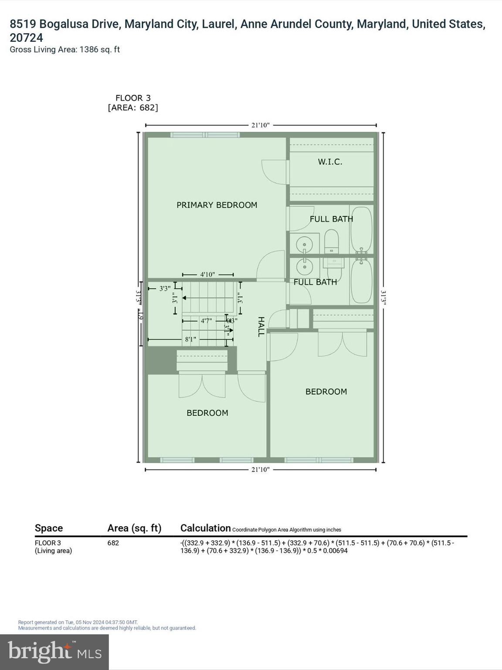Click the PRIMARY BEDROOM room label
(x=217, y=205)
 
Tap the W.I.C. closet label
(x=330, y=162)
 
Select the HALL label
(x=261, y=327)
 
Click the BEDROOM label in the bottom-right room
(x=326, y=392)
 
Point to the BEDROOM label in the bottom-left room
(x=207, y=413)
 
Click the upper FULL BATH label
(x=331, y=219)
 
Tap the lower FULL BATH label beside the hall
(x=315, y=282)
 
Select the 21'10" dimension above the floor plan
(x=261, y=125)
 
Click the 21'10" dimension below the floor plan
(x=261, y=469)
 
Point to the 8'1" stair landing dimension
(x=190, y=339)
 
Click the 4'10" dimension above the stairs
(x=208, y=274)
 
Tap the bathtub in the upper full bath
(x=361, y=229)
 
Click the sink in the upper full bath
(x=305, y=243)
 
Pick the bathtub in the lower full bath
(x=361, y=280)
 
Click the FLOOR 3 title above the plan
(x=133, y=98)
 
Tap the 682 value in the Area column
(x=113, y=543)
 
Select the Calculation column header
(x=205, y=528)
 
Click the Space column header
(x=49, y=528)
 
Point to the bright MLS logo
(x=54, y=652)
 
